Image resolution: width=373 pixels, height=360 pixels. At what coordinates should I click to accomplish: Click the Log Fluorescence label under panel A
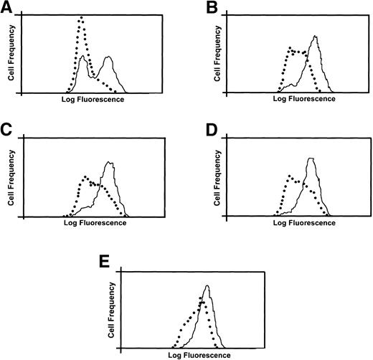click(x=94, y=99)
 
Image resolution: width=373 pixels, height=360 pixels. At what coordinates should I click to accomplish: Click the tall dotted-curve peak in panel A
click(x=81, y=18)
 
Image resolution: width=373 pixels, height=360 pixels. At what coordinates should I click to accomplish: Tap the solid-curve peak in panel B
click(x=315, y=37)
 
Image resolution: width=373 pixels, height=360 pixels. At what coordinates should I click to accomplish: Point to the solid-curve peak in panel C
click(x=108, y=162)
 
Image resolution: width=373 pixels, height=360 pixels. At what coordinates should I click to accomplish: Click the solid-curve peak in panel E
click(x=207, y=286)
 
